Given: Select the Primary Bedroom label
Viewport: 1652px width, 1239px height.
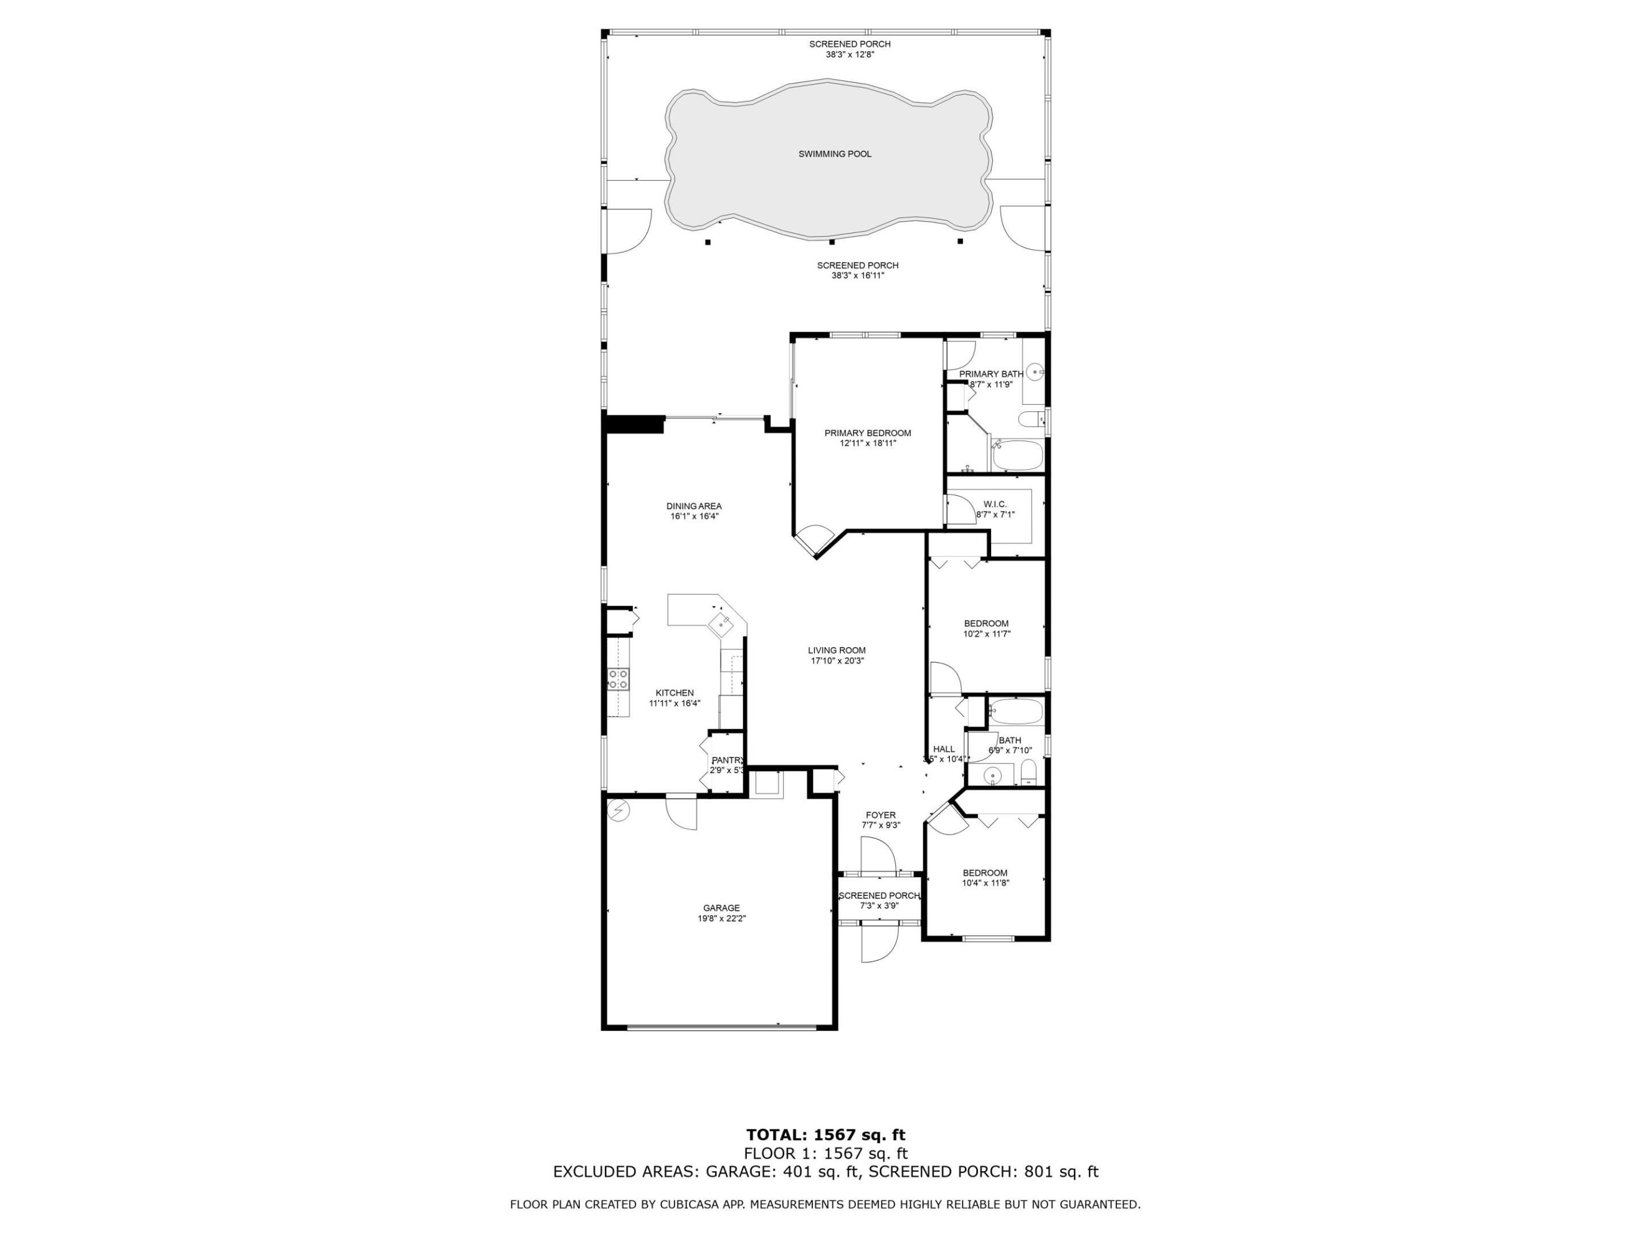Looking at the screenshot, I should click(x=867, y=433).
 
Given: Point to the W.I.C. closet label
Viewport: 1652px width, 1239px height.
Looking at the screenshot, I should click(x=995, y=505).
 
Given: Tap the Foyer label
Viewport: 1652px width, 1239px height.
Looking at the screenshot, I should click(x=880, y=816).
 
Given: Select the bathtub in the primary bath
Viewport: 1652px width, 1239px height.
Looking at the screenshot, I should click(x=1016, y=455).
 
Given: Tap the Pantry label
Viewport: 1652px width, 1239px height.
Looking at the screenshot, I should click(x=727, y=760).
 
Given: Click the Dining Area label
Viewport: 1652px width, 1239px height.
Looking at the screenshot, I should click(x=694, y=506).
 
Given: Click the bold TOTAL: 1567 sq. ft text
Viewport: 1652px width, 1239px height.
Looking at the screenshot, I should click(x=825, y=1136).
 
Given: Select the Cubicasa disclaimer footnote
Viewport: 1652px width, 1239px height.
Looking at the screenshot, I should click(x=825, y=1204).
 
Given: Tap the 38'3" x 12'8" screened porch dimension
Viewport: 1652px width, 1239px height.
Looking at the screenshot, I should click(x=849, y=54).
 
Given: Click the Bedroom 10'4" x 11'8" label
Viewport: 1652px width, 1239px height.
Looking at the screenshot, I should click(x=984, y=878).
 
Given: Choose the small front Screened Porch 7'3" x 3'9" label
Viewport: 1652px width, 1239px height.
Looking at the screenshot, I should click(x=879, y=901).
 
